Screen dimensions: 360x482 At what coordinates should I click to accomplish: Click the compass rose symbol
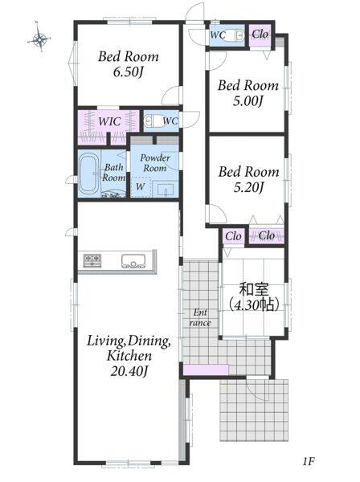tap(39, 38)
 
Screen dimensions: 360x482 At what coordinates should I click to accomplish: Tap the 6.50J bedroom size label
tap(128, 72)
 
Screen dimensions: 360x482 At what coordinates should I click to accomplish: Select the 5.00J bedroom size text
tap(247, 101)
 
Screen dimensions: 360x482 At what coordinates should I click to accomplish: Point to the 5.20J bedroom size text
tap(248, 187)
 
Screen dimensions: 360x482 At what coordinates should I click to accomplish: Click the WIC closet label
tap(109, 121)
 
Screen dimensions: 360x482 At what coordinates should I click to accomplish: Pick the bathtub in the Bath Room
tap(88, 173)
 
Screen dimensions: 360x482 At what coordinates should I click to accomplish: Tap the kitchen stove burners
tap(92, 260)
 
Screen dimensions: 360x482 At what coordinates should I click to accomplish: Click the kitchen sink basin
tap(133, 261)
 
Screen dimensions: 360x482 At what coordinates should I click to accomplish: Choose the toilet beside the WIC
tap(153, 121)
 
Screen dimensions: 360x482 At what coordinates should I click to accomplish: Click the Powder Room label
tap(155, 163)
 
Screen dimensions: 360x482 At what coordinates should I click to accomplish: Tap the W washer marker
tap(140, 186)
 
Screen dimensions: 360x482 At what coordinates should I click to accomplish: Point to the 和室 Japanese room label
tap(254, 289)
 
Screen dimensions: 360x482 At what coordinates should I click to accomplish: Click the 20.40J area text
tap(129, 372)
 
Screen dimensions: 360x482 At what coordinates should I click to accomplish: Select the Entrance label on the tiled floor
tap(200, 318)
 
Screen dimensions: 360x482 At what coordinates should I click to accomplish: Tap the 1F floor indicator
tap(308, 461)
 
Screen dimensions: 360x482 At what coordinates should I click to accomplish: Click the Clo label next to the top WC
tap(260, 35)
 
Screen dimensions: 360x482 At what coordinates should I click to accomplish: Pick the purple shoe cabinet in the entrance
tap(206, 370)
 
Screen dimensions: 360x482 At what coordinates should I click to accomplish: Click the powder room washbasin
tap(166, 190)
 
